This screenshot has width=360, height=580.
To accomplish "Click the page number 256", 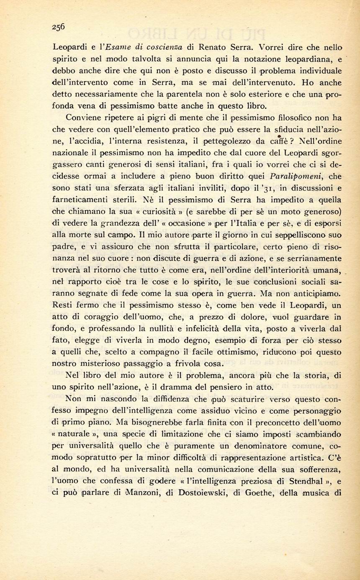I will [x=58, y=26].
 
